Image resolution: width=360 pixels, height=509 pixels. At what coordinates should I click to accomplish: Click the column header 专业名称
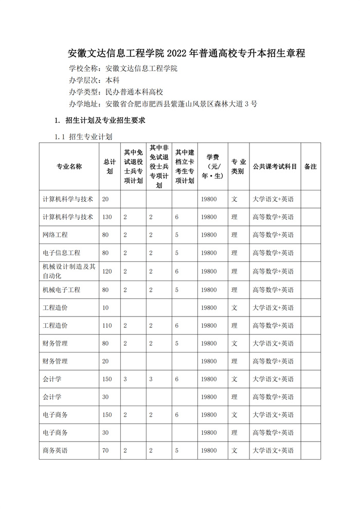[x=69, y=166]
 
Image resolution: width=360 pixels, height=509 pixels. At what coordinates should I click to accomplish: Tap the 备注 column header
[x=311, y=166]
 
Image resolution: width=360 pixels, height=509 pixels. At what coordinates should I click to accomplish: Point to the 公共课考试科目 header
[x=275, y=166]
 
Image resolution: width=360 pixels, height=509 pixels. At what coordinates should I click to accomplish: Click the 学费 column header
[x=212, y=166]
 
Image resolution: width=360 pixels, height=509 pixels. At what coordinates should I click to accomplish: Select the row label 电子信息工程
[x=61, y=253]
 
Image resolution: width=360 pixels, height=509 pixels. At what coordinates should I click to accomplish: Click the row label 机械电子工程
[x=61, y=290]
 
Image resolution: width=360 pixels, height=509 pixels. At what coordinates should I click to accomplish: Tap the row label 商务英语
[x=55, y=450]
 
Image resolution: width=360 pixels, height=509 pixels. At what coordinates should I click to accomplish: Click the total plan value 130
[x=106, y=217]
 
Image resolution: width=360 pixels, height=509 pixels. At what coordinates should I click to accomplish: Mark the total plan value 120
[x=106, y=271]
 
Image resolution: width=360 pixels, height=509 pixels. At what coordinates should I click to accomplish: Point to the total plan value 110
[x=106, y=325]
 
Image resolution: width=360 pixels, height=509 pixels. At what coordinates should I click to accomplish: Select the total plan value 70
[x=105, y=450]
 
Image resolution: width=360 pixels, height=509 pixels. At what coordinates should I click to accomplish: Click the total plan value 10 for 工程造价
[x=105, y=307]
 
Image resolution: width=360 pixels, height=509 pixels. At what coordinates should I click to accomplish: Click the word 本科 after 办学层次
[x=112, y=80]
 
